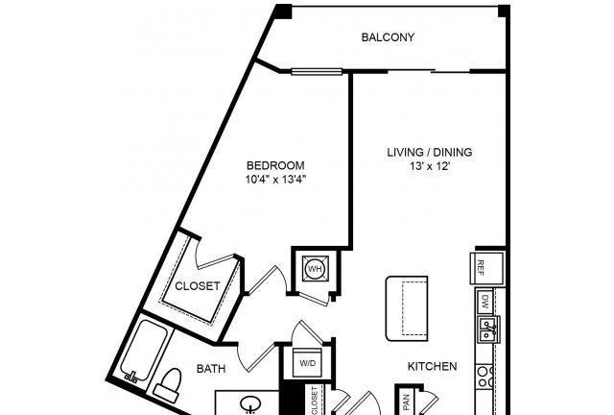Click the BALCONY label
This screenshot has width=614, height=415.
[x=388, y=37]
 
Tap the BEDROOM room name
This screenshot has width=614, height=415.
[x=275, y=165]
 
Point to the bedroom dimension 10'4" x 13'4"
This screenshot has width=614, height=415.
[x=275, y=180]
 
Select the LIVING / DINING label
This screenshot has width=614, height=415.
[x=430, y=152]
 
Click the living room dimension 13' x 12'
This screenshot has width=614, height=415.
[x=430, y=166]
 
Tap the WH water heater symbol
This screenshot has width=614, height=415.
[x=316, y=269]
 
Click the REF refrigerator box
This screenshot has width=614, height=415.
[x=487, y=268]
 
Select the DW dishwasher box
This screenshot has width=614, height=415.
[x=485, y=302]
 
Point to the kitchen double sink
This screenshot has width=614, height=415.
[x=488, y=330]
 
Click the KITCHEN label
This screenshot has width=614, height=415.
[x=433, y=366]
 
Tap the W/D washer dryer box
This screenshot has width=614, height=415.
[x=308, y=363]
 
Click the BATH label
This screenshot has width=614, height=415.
[x=211, y=369]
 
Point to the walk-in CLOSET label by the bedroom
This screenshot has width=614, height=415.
[x=198, y=286]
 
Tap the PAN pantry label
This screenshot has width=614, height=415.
[x=406, y=403]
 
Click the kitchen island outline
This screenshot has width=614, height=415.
[x=407, y=308]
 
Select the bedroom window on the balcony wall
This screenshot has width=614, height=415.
[x=317, y=72]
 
